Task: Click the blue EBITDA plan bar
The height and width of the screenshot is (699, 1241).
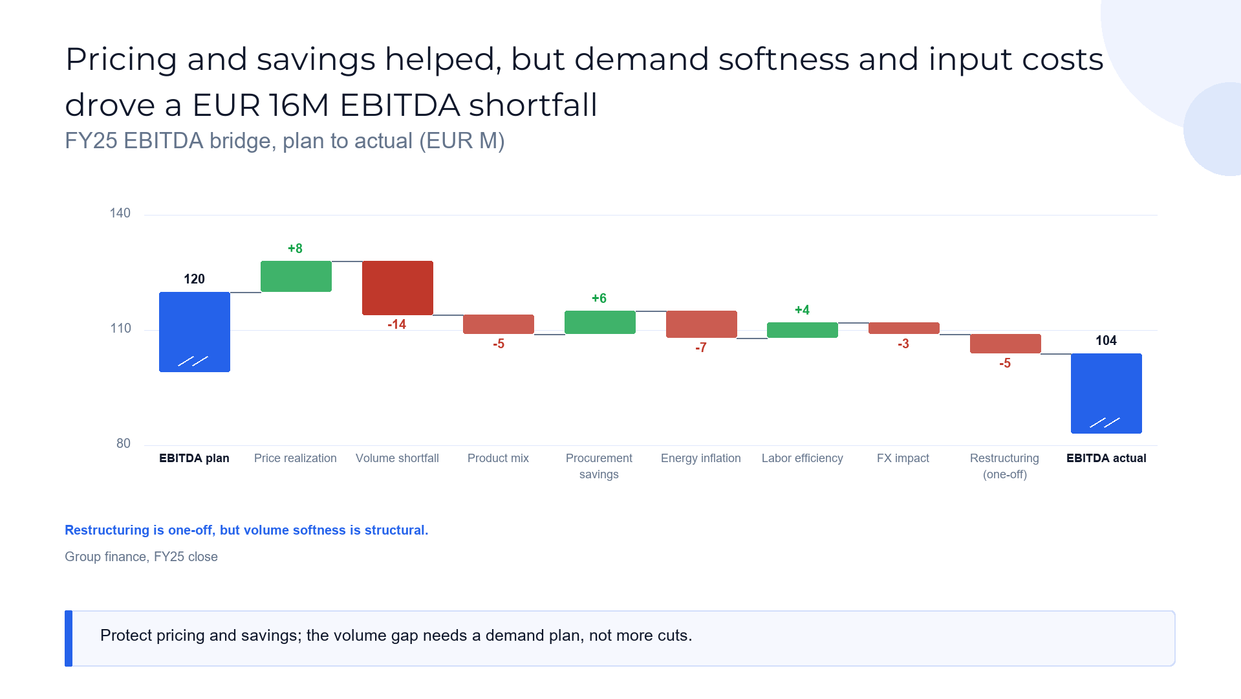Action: (x=195, y=332)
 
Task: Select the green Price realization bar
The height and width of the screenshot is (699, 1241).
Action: (x=296, y=276)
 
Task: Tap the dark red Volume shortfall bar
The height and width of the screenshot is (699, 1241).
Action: (x=398, y=288)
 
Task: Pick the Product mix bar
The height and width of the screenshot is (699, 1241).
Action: (x=499, y=324)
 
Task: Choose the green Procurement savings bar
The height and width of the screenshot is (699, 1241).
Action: (x=600, y=322)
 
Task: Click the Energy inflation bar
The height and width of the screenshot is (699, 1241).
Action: (x=702, y=324)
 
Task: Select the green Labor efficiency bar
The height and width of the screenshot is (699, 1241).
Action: (x=803, y=330)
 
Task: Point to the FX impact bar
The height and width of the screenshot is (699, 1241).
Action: (x=904, y=328)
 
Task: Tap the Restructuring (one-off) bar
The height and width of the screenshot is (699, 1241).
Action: (x=1006, y=344)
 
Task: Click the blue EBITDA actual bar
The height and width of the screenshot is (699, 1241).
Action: (x=1106, y=394)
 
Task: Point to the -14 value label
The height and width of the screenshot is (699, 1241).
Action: (x=397, y=324)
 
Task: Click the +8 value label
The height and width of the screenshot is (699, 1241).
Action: (x=295, y=249)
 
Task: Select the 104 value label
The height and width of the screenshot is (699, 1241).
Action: (x=1106, y=340)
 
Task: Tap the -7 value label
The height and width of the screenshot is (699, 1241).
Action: (x=701, y=348)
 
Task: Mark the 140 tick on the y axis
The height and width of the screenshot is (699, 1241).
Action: (x=120, y=213)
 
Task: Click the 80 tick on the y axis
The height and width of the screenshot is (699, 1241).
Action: (x=124, y=443)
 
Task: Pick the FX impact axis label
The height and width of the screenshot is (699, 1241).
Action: (x=903, y=458)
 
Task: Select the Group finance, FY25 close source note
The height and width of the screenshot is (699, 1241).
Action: (x=141, y=557)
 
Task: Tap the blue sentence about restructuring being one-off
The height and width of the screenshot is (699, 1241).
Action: (x=246, y=530)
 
